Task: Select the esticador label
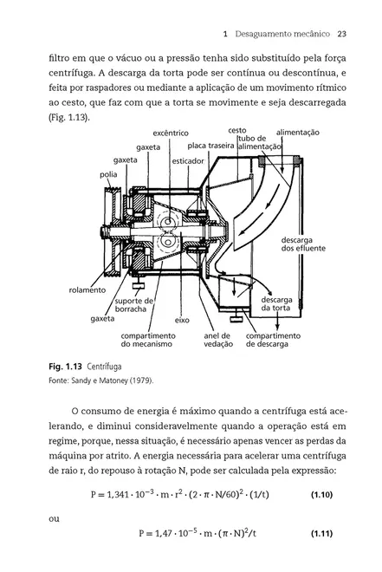point(188,161)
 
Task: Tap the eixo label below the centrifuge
point(182,319)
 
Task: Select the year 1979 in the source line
point(134,380)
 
